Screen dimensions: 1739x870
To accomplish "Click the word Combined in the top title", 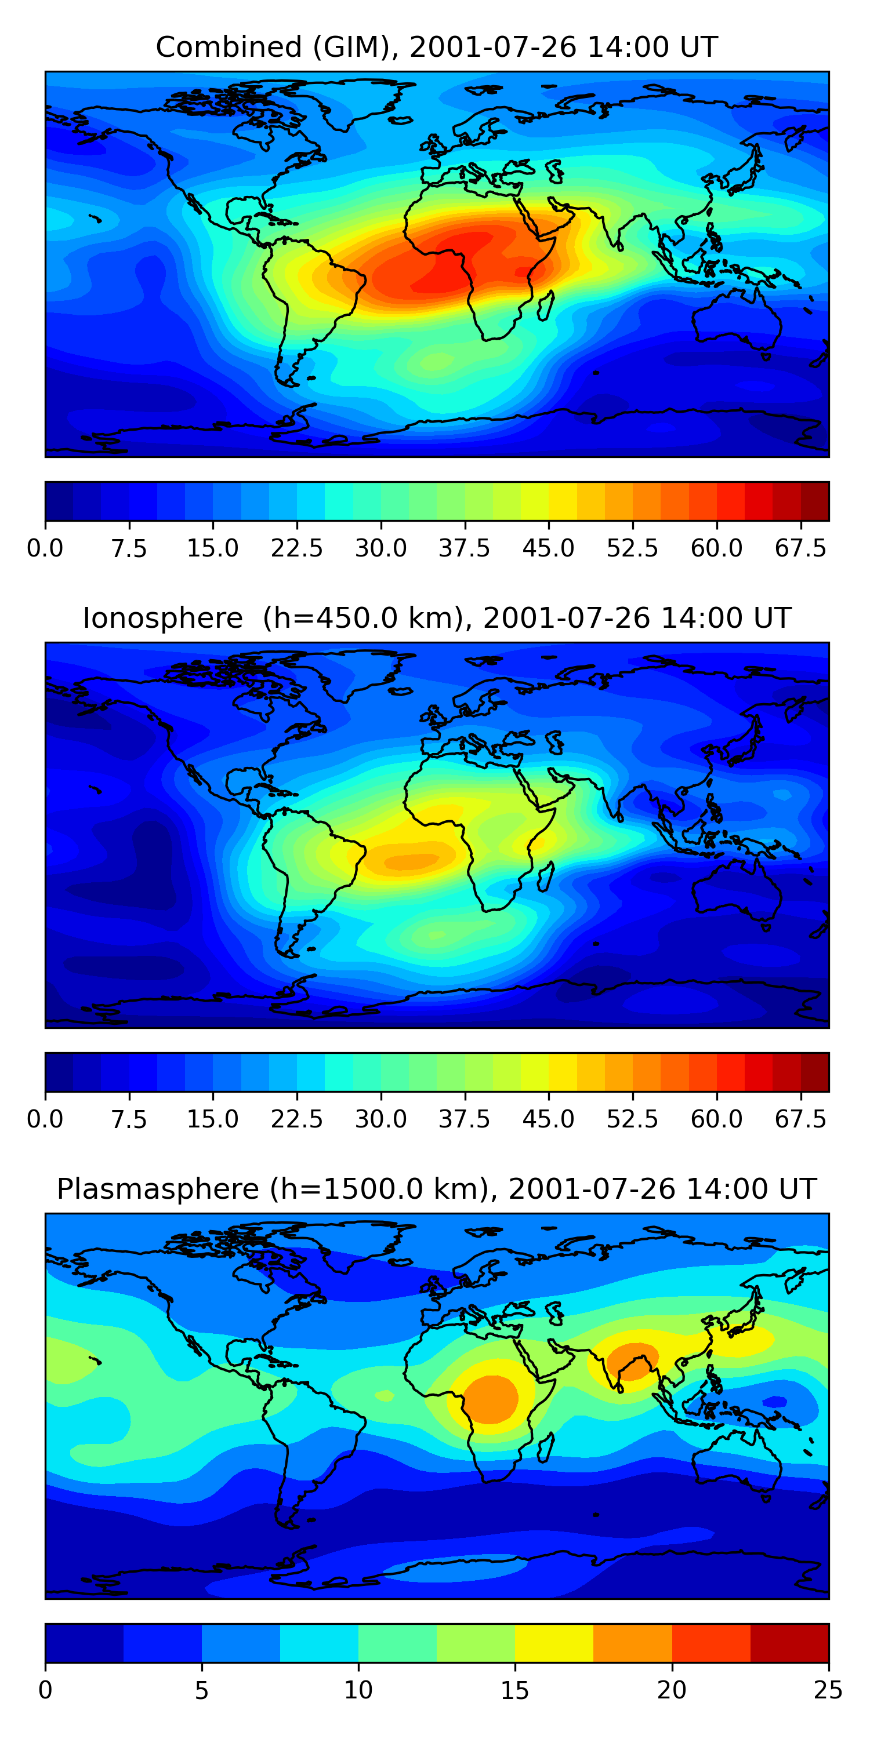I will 229,48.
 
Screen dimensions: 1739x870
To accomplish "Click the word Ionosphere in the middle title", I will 162,619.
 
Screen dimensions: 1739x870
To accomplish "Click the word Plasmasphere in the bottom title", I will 157,1189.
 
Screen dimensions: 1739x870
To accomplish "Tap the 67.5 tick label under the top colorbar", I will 800,548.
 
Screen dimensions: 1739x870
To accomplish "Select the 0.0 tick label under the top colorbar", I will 45,548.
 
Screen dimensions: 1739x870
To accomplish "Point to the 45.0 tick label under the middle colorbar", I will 549,1119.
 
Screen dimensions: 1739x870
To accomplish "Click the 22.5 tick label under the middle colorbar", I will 296,1119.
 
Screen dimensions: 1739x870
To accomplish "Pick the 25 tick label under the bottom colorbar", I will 828,1690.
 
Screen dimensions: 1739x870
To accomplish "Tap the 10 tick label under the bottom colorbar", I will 358,1690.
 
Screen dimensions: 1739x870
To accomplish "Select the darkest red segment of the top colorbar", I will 815,501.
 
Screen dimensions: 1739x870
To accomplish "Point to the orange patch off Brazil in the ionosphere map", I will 411,861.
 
